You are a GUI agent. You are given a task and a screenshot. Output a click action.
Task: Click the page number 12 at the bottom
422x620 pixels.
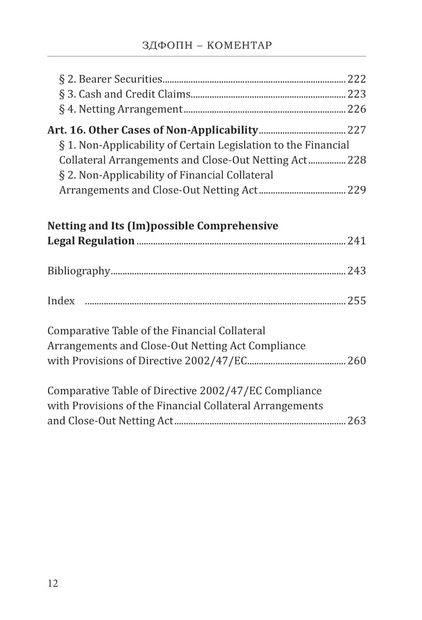coord(53,583)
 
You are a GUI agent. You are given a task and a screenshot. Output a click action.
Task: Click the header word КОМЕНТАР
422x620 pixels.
coord(238,45)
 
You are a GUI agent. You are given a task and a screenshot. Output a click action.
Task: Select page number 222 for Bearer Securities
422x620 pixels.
coord(356,79)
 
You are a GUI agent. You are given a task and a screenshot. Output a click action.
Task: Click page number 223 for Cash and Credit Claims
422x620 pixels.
coord(356,94)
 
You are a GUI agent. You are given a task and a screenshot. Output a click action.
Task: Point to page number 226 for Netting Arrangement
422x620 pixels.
coord(356,109)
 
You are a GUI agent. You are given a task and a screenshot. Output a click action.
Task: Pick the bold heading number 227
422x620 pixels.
coord(356,130)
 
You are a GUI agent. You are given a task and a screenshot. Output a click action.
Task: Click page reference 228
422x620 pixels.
coord(356,160)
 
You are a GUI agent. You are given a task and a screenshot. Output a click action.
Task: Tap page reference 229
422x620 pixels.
coord(356,190)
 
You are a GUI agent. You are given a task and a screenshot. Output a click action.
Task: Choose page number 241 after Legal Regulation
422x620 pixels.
coord(356,241)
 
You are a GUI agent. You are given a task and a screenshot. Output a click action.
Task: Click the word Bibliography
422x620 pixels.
coord(79,271)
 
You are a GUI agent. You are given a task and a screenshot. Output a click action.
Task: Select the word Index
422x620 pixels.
coord(61,301)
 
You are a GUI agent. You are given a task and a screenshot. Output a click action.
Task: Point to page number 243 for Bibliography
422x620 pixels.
coord(356,271)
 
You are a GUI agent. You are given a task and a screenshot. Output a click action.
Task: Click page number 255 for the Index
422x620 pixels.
coord(356,301)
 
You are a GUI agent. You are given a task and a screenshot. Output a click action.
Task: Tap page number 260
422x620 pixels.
coord(356,361)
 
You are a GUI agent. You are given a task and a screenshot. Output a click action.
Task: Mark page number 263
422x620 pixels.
coord(356,421)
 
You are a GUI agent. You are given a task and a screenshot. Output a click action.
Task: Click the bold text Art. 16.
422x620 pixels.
coord(66,130)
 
